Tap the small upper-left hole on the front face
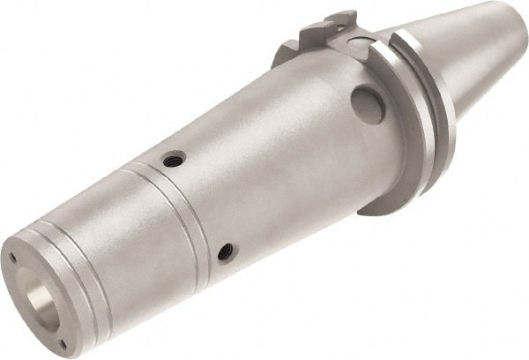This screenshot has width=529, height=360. tap(13, 258)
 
